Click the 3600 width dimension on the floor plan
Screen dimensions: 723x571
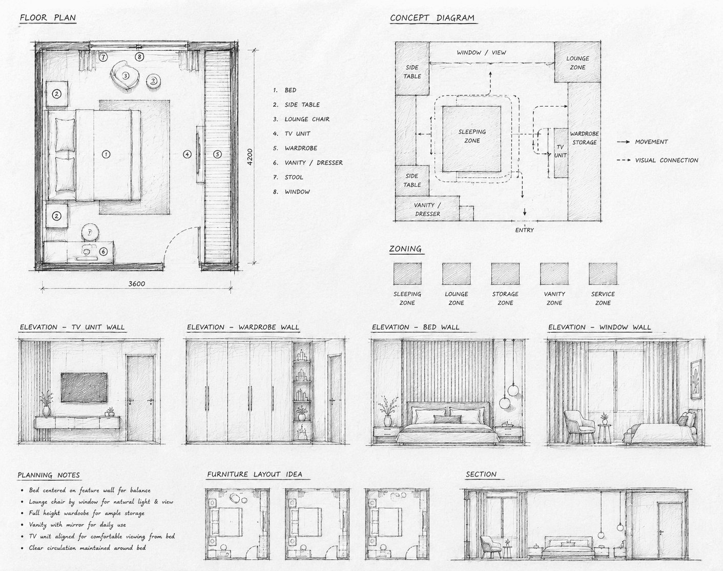137,283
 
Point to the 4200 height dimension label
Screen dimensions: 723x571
250,157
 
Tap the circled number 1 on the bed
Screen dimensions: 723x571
106,154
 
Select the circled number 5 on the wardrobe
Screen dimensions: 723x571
217,154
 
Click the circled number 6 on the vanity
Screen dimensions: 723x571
103,251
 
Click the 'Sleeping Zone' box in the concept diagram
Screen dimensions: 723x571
472,139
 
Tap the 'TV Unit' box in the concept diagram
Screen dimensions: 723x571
561,153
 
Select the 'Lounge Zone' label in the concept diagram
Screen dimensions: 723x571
577,63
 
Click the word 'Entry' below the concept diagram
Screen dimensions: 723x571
524,230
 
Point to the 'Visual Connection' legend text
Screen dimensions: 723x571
667,160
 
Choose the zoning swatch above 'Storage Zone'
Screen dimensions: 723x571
505,274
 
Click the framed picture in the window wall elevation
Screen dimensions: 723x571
696,379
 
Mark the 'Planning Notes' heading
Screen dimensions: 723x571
49,475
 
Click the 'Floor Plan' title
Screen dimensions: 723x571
48,17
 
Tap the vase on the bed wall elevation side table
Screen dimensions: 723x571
388,421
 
